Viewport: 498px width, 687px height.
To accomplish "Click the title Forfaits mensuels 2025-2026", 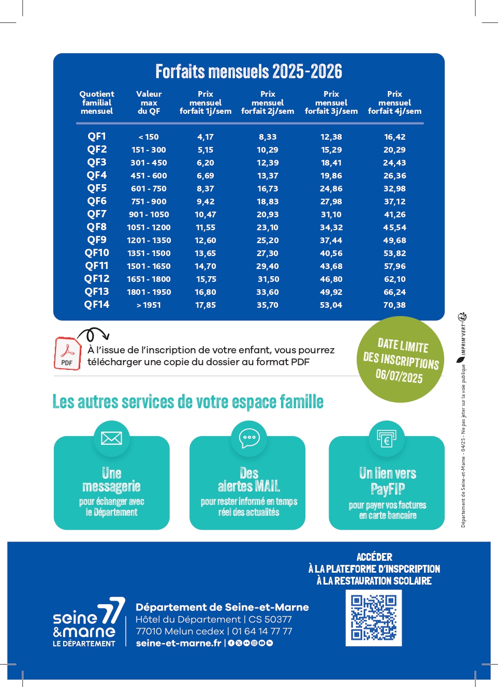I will [248, 71].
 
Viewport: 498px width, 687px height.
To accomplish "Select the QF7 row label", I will [97, 214].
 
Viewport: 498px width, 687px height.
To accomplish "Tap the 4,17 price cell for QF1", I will [205, 137].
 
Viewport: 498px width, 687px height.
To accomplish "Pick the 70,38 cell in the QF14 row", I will [394, 305].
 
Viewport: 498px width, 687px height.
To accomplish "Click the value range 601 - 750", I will [149, 189].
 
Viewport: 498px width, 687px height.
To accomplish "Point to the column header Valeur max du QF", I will [149, 102].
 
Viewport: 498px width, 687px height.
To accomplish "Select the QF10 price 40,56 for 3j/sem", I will [331, 253].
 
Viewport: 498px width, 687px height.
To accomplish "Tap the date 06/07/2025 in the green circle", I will [399, 375].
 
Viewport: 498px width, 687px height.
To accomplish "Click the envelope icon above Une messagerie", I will [111, 438].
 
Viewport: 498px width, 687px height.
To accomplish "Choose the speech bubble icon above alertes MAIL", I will [249, 438].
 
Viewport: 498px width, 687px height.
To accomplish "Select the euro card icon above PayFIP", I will [387, 439].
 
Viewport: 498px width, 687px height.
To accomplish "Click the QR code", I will [373, 618].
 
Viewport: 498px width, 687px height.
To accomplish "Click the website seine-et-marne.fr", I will [179, 643].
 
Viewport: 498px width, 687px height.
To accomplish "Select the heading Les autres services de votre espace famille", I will [188, 402].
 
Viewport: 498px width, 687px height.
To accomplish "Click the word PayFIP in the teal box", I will [388, 489].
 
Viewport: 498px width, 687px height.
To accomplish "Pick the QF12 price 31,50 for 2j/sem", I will [268, 279].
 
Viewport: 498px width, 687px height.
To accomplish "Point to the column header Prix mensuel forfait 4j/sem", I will [394, 102].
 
